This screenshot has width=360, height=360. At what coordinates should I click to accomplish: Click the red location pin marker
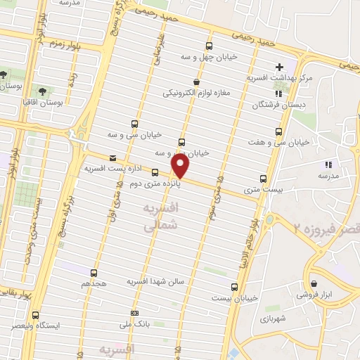[181, 167]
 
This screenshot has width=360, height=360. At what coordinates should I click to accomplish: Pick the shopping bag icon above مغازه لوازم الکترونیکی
[205, 82]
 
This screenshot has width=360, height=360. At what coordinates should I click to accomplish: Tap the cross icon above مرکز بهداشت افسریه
[279, 67]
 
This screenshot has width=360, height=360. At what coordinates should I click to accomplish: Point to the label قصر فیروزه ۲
[326, 229]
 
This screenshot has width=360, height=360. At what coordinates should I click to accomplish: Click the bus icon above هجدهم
[94, 273]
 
